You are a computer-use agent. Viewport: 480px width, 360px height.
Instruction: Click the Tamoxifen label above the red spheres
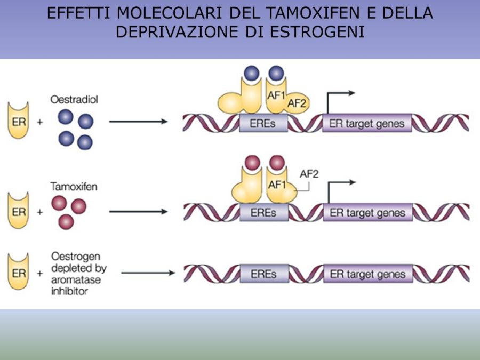73,187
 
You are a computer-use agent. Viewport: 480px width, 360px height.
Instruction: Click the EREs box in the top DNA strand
264,124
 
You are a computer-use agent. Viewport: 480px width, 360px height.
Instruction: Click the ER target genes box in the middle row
367,213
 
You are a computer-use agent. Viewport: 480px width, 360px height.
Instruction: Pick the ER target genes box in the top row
367,124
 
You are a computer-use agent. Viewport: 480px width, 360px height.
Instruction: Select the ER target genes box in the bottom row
367,274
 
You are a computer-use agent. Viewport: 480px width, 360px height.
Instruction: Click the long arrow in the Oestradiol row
138,122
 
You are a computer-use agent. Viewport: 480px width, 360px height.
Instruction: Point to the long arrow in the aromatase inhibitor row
148,273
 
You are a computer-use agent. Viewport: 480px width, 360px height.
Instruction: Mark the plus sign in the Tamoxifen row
39,212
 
